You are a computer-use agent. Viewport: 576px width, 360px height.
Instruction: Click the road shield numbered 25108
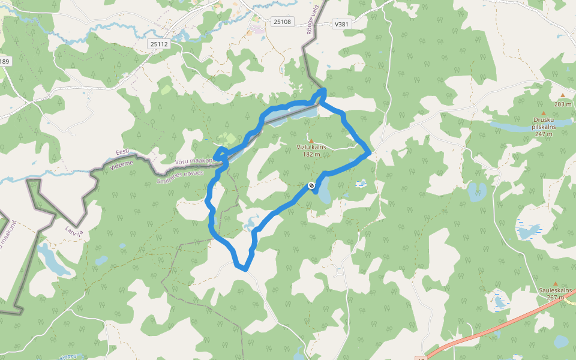[x=281, y=22]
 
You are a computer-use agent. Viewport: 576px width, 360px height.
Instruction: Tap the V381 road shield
[x=341, y=24]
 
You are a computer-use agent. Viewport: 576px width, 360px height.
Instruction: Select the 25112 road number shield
[x=159, y=44]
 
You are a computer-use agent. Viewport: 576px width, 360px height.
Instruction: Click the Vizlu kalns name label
[x=311, y=147]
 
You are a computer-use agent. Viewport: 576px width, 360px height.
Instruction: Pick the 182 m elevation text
[x=311, y=154]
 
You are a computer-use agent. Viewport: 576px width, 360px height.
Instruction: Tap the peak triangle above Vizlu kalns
[x=311, y=140]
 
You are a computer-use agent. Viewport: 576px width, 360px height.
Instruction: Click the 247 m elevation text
[x=544, y=134]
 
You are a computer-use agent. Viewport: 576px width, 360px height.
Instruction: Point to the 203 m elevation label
[x=563, y=104]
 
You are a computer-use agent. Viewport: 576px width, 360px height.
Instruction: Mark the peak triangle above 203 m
[x=563, y=95]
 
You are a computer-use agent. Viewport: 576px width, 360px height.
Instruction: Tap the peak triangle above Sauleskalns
[x=555, y=283]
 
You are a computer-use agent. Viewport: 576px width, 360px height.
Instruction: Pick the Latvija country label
[x=73, y=230]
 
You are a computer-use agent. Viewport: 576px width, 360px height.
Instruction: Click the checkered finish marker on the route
[x=311, y=186]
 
